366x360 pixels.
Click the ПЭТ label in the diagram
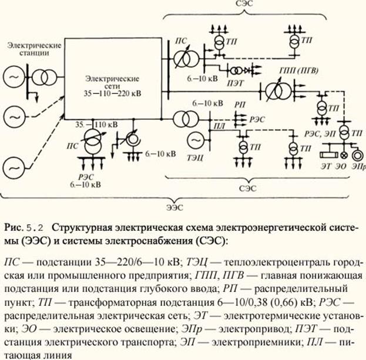[x=235, y=83]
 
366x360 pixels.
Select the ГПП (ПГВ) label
[x=298, y=70]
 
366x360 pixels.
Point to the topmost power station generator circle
[x=14, y=77]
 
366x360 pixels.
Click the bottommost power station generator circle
[x=14, y=168]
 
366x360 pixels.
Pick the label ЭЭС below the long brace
[x=175, y=207]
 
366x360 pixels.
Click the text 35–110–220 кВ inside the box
[x=112, y=93]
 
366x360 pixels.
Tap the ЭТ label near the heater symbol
[x=326, y=166]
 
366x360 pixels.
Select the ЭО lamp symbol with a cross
[x=344, y=155]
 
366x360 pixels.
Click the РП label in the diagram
[x=240, y=105]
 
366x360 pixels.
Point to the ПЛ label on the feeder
[x=220, y=126]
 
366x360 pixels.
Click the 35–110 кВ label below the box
[x=96, y=125]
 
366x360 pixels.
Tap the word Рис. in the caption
[x=14, y=227]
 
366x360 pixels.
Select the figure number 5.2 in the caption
[x=35, y=228]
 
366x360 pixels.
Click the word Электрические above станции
[x=34, y=45]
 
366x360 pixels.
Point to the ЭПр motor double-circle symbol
[x=358, y=155]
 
